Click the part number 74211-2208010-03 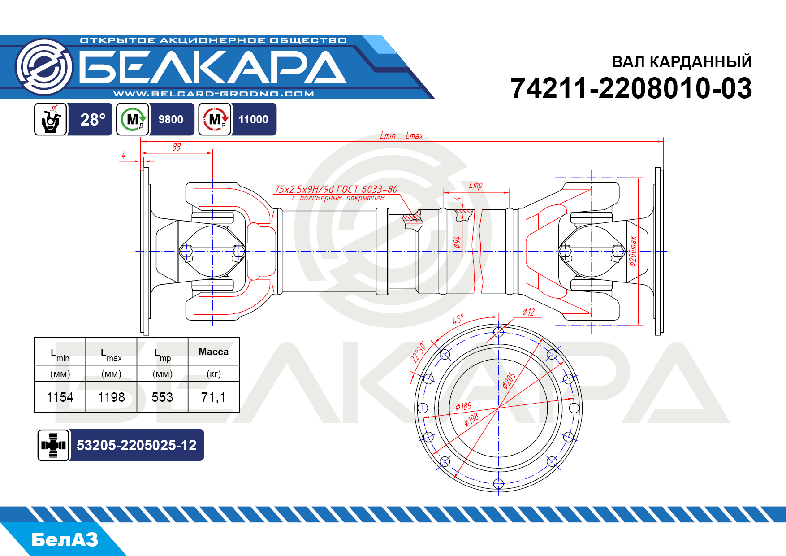(x=631, y=88)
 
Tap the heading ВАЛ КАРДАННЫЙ (x=682, y=61)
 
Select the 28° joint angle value (x=93, y=120)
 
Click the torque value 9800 (x=171, y=120)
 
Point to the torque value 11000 (x=253, y=120)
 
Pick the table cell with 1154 (x=60, y=397)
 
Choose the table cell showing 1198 (x=111, y=397)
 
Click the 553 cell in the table (x=162, y=397)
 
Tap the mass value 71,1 (x=213, y=397)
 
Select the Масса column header (x=213, y=352)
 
